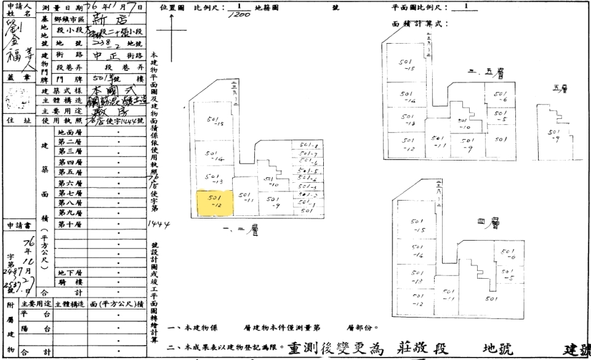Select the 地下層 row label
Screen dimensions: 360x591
pos(67,273)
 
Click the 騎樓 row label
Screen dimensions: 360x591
pos(67,282)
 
